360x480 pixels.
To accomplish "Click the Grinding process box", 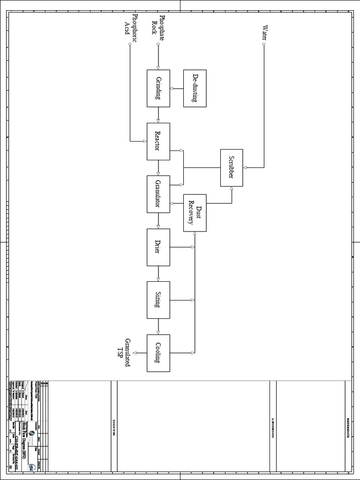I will tap(158, 88).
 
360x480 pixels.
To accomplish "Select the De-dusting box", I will tap(195, 88).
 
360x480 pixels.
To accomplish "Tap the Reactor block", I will tap(158, 141).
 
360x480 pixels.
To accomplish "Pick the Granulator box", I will tap(158, 194).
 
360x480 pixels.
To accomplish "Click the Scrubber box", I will tap(232, 167).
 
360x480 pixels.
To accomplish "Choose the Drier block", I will tap(158, 247).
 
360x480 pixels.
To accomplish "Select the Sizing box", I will tap(158, 300).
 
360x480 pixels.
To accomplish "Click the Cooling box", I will tap(158, 352).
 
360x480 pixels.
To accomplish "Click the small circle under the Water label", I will tap(264, 45).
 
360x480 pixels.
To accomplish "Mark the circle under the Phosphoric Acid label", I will tap(130, 45).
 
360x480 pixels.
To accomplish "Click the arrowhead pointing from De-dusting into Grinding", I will tap(172, 88).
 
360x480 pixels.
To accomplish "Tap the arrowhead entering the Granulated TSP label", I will tap(135, 352).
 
